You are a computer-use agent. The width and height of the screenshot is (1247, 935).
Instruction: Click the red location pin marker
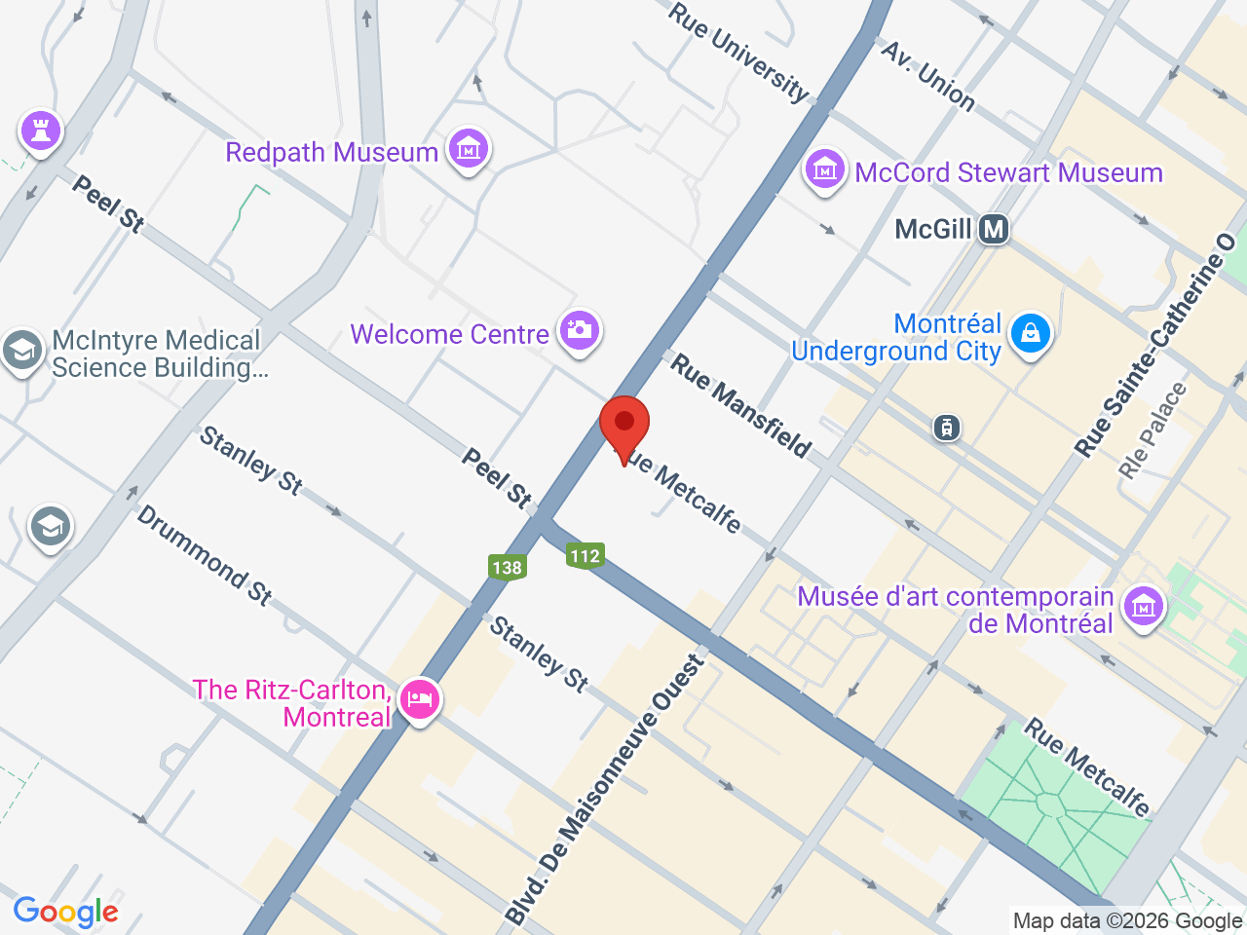click(624, 425)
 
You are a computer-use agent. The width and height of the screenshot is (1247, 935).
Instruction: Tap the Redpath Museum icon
click(469, 149)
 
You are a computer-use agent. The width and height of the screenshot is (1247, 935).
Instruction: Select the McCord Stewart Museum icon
click(824, 170)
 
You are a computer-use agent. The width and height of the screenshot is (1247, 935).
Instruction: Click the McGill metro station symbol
click(994, 229)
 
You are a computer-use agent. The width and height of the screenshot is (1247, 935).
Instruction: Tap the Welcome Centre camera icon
click(580, 331)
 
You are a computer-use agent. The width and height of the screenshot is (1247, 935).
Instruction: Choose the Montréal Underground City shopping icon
click(1031, 334)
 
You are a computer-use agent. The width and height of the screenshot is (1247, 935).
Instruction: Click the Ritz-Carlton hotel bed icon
click(420, 699)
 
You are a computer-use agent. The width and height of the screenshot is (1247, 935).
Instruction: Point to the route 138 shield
click(507, 567)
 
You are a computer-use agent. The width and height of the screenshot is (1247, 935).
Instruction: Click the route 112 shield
click(585, 555)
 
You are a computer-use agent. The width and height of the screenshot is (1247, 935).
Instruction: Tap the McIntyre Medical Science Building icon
click(21, 351)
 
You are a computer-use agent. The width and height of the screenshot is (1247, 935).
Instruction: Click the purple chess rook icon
click(41, 130)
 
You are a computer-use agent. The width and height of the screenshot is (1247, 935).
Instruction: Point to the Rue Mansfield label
click(740, 406)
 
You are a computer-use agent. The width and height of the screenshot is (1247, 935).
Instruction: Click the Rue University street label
click(738, 52)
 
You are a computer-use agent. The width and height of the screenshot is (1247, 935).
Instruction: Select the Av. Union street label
click(927, 76)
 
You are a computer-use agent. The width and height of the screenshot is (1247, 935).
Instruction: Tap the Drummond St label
click(204, 555)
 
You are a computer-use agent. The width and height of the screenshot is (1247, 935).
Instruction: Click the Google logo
click(65, 912)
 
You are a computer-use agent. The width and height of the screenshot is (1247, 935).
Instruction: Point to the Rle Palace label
click(1153, 430)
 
